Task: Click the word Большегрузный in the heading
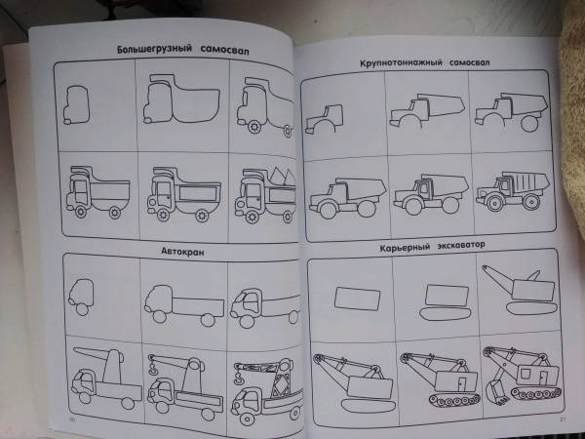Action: pyautogui.click(x=154, y=49)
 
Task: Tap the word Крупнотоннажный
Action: pyautogui.click(x=401, y=62)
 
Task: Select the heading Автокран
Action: pyautogui.click(x=182, y=252)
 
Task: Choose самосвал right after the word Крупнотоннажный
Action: pyautogui.click(x=469, y=62)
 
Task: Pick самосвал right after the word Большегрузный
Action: pyautogui.click(x=224, y=50)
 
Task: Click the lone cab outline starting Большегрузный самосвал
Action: pyautogui.click(x=76, y=105)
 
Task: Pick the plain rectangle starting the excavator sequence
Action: pyautogui.click(x=357, y=299)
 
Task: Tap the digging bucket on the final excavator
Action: pyautogui.click(x=496, y=390)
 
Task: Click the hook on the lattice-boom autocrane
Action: pyautogui.click(x=238, y=379)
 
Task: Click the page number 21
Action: pyautogui.click(x=563, y=419)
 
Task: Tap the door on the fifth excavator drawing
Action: pyautogui.click(x=462, y=383)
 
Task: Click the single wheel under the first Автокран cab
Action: pyautogui.click(x=83, y=309)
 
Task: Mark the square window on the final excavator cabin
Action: pyautogui.click(x=526, y=374)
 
